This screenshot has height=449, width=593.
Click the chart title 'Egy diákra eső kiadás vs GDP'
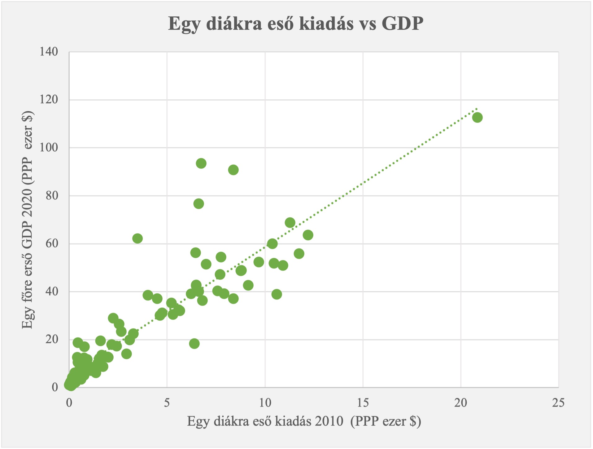click(x=296, y=24)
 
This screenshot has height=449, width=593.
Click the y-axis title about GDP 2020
click(x=28, y=220)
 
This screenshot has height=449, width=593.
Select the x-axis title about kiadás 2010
click(x=304, y=421)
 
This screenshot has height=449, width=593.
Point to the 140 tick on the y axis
click(x=49, y=52)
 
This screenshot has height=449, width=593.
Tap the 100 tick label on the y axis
click(x=49, y=148)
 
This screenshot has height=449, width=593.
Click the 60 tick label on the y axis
click(x=52, y=244)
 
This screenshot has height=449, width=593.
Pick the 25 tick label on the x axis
click(x=558, y=403)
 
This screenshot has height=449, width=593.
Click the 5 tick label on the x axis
click(x=167, y=403)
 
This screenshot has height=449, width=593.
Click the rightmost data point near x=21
click(x=477, y=118)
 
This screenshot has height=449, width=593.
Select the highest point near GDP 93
click(x=201, y=163)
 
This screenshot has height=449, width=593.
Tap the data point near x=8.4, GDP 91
click(x=233, y=170)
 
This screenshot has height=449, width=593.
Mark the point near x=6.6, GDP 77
click(x=198, y=204)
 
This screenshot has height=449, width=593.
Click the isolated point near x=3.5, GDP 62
click(x=137, y=238)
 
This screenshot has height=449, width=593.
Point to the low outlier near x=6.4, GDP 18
click(x=194, y=344)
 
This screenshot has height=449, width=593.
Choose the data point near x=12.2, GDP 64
click(x=308, y=235)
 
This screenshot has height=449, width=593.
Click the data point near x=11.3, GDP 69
click(x=290, y=223)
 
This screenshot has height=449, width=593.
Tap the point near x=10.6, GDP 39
click(x=277, y=294)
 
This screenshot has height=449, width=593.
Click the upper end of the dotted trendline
click(x=476, y=109)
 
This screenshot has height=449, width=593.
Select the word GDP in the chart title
click(x=402, y=24)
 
